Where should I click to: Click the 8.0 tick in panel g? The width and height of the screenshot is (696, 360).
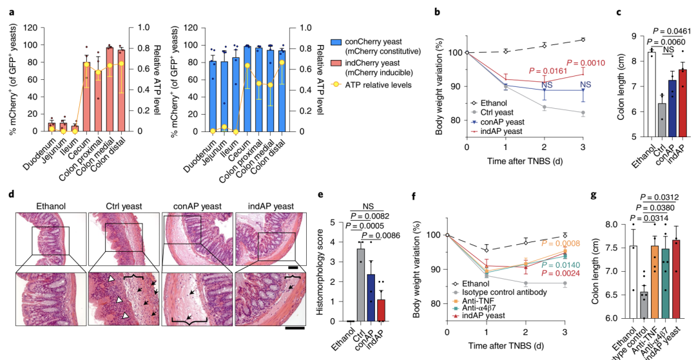click(595, 224)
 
